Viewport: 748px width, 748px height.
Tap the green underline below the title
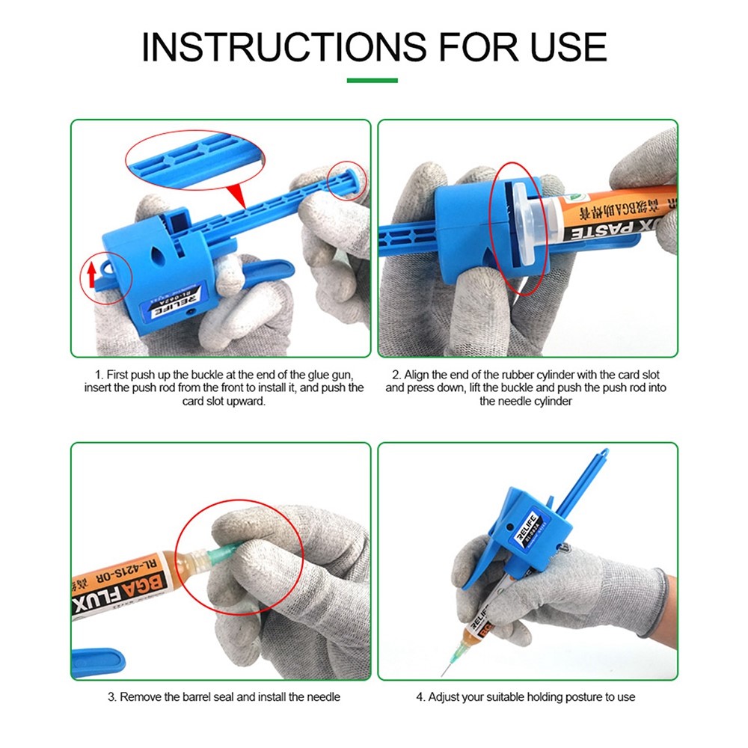click(373, 80)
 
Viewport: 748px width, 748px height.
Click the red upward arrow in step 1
click(91, 276)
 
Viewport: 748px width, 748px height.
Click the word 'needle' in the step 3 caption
click(324, 697)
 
